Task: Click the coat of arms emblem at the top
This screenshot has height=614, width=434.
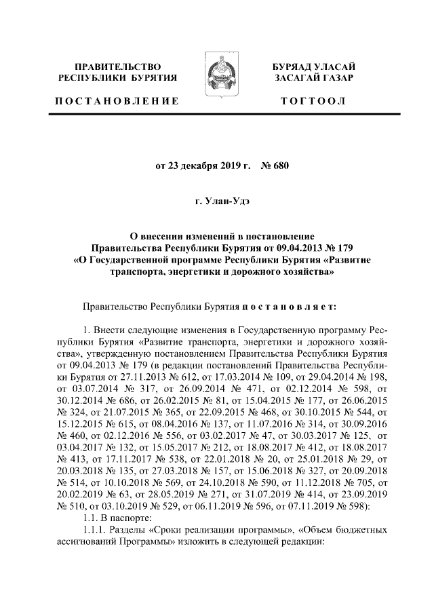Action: pyautogui.click(x=216, y=76)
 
